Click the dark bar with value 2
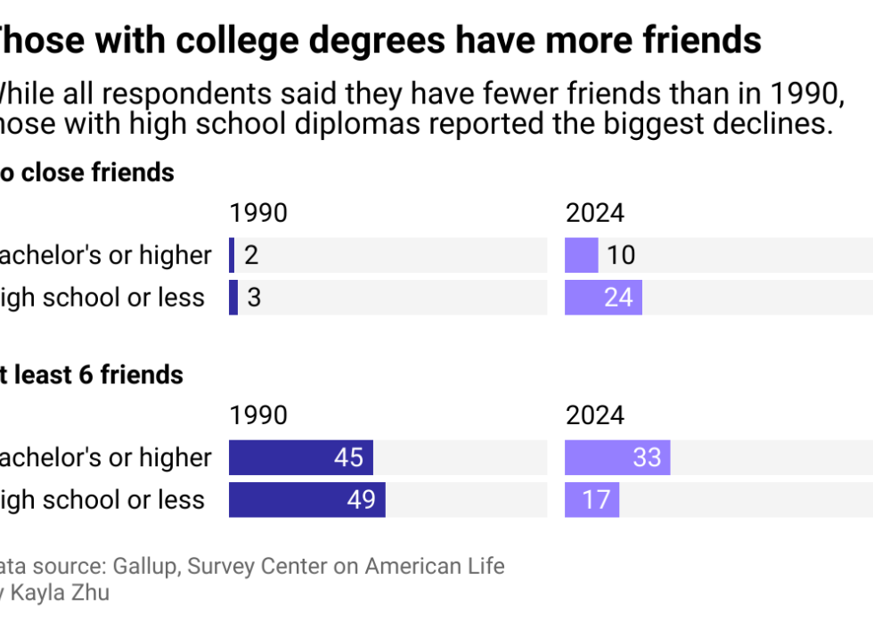232,255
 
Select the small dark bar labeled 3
233,298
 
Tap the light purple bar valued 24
603,298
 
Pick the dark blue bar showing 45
300,457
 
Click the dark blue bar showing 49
306,500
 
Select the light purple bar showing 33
617,457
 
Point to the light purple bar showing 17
592,500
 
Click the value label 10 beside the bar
621,256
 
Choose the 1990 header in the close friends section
258,213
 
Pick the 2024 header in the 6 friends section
594,415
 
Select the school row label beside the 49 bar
102,500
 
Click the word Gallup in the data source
161,566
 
